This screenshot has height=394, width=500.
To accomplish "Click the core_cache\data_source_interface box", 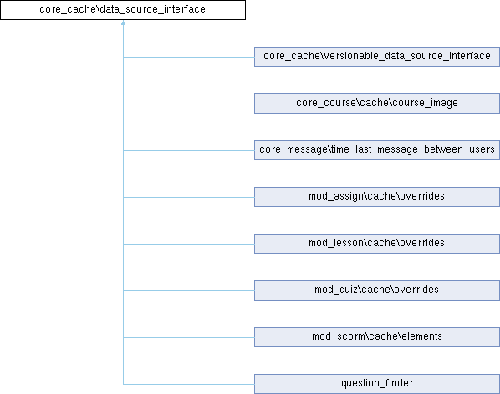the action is pos(123,10).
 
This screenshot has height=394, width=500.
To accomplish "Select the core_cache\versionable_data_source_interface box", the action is pos(377,57).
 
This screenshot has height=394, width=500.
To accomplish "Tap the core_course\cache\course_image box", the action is pos(377,104).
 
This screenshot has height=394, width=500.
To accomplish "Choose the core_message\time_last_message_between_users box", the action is pos(377,150).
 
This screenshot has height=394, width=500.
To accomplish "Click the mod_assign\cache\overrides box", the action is pos(377,197).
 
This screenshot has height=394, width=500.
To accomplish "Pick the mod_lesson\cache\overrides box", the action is pos(377,244).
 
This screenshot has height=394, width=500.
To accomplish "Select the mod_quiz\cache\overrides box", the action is pos(377,290).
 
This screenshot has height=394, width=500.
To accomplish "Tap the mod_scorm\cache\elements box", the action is pos(377,337).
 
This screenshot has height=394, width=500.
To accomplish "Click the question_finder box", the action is pos(377,384).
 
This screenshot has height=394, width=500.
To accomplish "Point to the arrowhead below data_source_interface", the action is pos(123,23).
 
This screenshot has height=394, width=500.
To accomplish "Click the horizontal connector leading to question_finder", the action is pos(189,385).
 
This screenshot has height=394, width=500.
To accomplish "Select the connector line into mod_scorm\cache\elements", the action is pos(189,338).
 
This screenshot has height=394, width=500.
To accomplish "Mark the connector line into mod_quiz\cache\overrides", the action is pos(189,290).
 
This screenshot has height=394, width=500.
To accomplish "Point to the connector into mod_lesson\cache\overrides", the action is pos(189,244).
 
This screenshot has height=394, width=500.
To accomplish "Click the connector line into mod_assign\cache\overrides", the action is pos(189,197).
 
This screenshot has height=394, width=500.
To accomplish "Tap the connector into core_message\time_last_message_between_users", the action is pos(189,150).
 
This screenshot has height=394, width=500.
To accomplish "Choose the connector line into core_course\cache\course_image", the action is pos(189,104).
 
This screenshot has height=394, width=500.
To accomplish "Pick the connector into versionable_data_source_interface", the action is pos(189,58).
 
